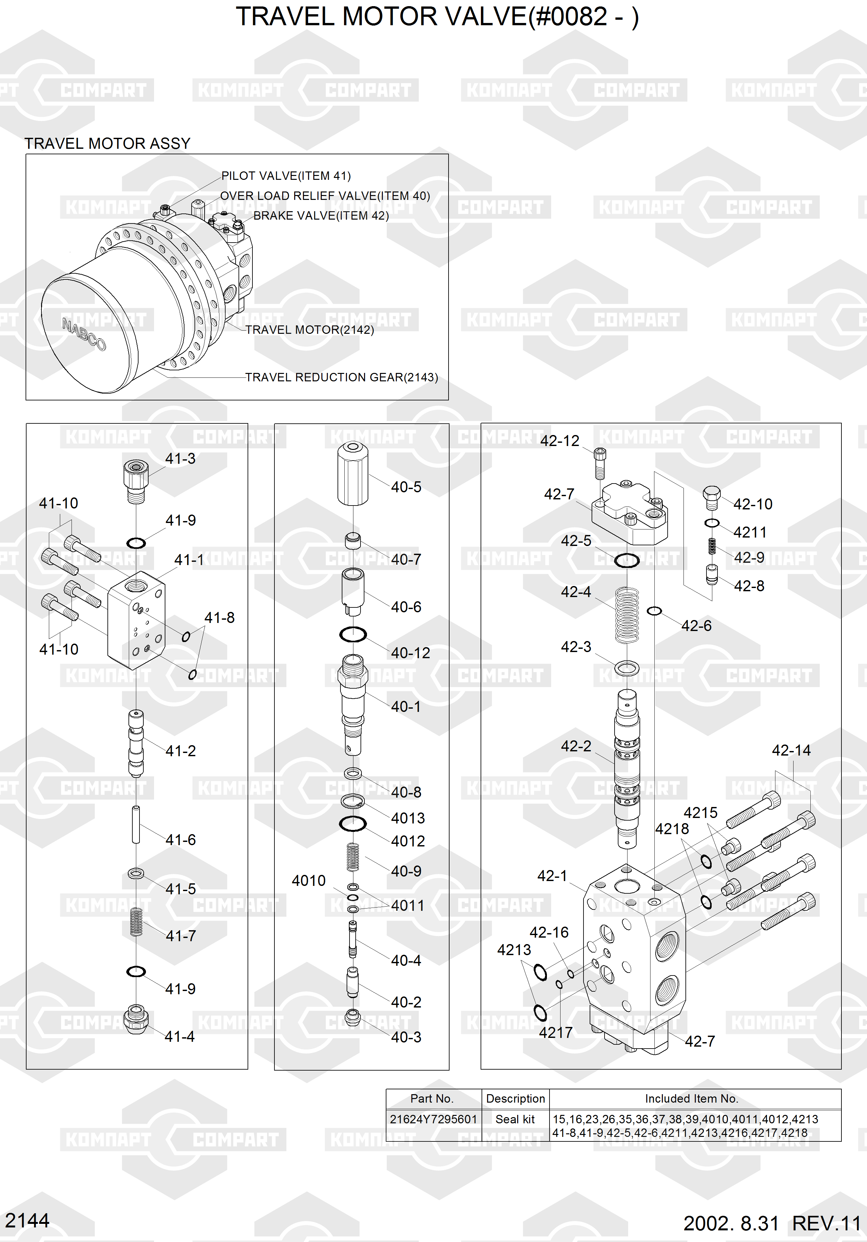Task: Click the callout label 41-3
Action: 180,459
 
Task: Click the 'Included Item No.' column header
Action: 691,1099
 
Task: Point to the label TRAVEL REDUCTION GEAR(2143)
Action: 341,377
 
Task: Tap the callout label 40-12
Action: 411,653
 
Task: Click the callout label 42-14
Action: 791,750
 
